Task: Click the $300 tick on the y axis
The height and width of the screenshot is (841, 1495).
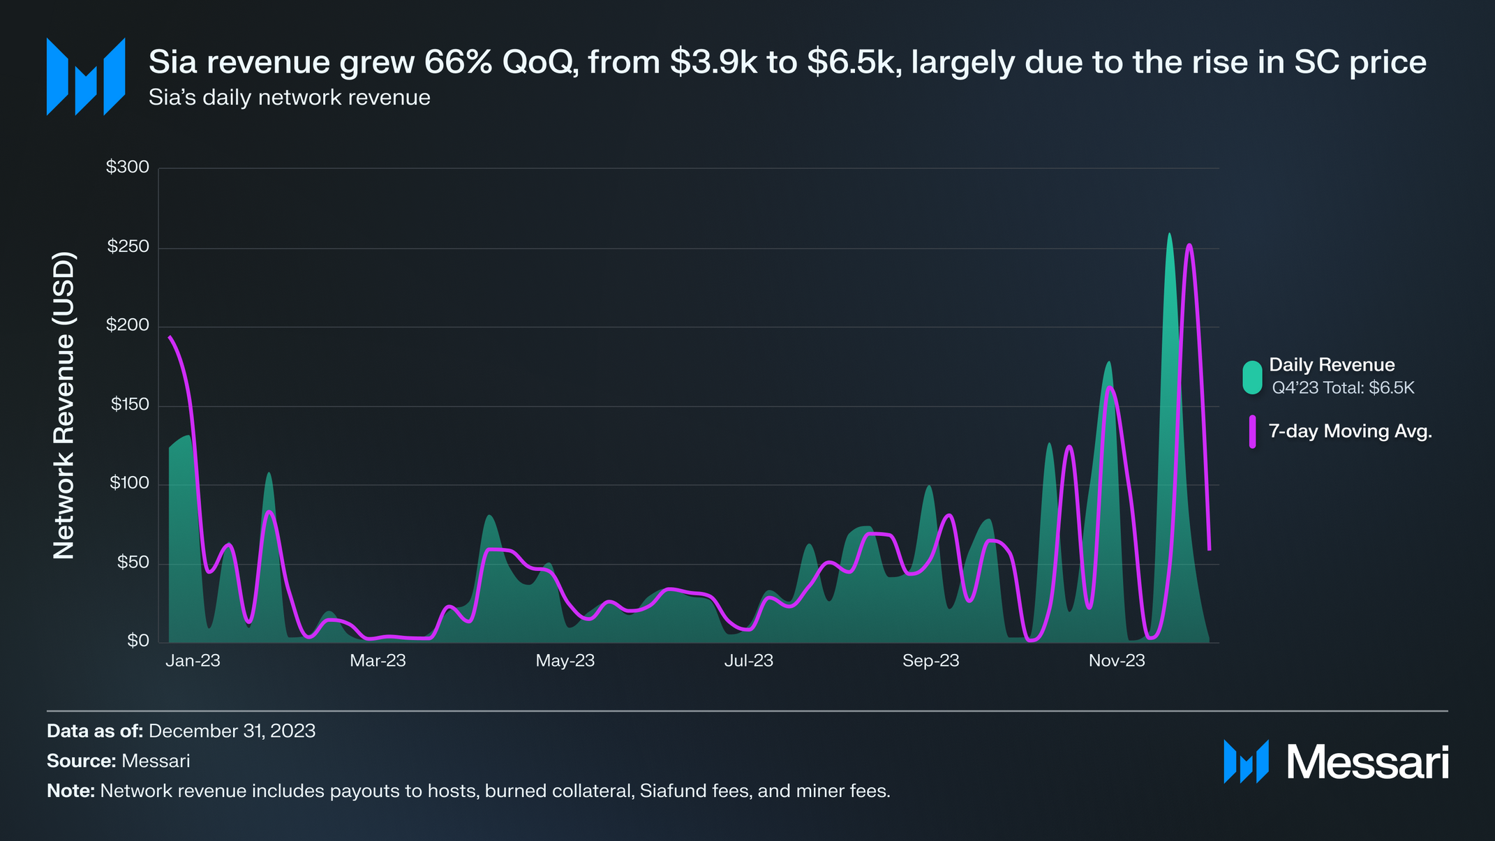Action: point(128,167)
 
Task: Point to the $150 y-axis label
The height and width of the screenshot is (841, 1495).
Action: point(130,405)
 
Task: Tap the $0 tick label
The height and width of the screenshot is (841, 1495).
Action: point(137,641)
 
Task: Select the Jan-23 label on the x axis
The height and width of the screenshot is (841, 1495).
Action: point(193,661)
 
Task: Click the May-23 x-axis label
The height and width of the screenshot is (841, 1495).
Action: point(565,661)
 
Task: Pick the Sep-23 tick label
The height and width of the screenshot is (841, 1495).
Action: point(930,661)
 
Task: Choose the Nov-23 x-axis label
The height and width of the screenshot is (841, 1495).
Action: point(1117,661)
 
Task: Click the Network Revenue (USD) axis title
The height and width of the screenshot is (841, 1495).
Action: point(64,405)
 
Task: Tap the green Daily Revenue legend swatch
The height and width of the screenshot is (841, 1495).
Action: point(1252,378)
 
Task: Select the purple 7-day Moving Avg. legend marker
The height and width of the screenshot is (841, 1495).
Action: point(1252,431)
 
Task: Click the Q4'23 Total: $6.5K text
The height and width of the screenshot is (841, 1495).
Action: point(1343,388)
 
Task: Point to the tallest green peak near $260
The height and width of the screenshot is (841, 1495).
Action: point(1169,235)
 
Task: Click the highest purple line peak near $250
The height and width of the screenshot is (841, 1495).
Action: point(1189,246)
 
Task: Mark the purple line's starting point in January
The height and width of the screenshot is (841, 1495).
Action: point(170,337)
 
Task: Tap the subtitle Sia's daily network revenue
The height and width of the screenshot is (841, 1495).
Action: point(289,98)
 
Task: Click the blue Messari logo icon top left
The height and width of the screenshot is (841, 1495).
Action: point(86,77)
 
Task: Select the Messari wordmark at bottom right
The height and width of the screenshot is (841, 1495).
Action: point(1367,762)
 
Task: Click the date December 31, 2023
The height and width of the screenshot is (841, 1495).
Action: point(232,731)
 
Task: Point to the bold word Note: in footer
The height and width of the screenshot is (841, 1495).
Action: point(70,791)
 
